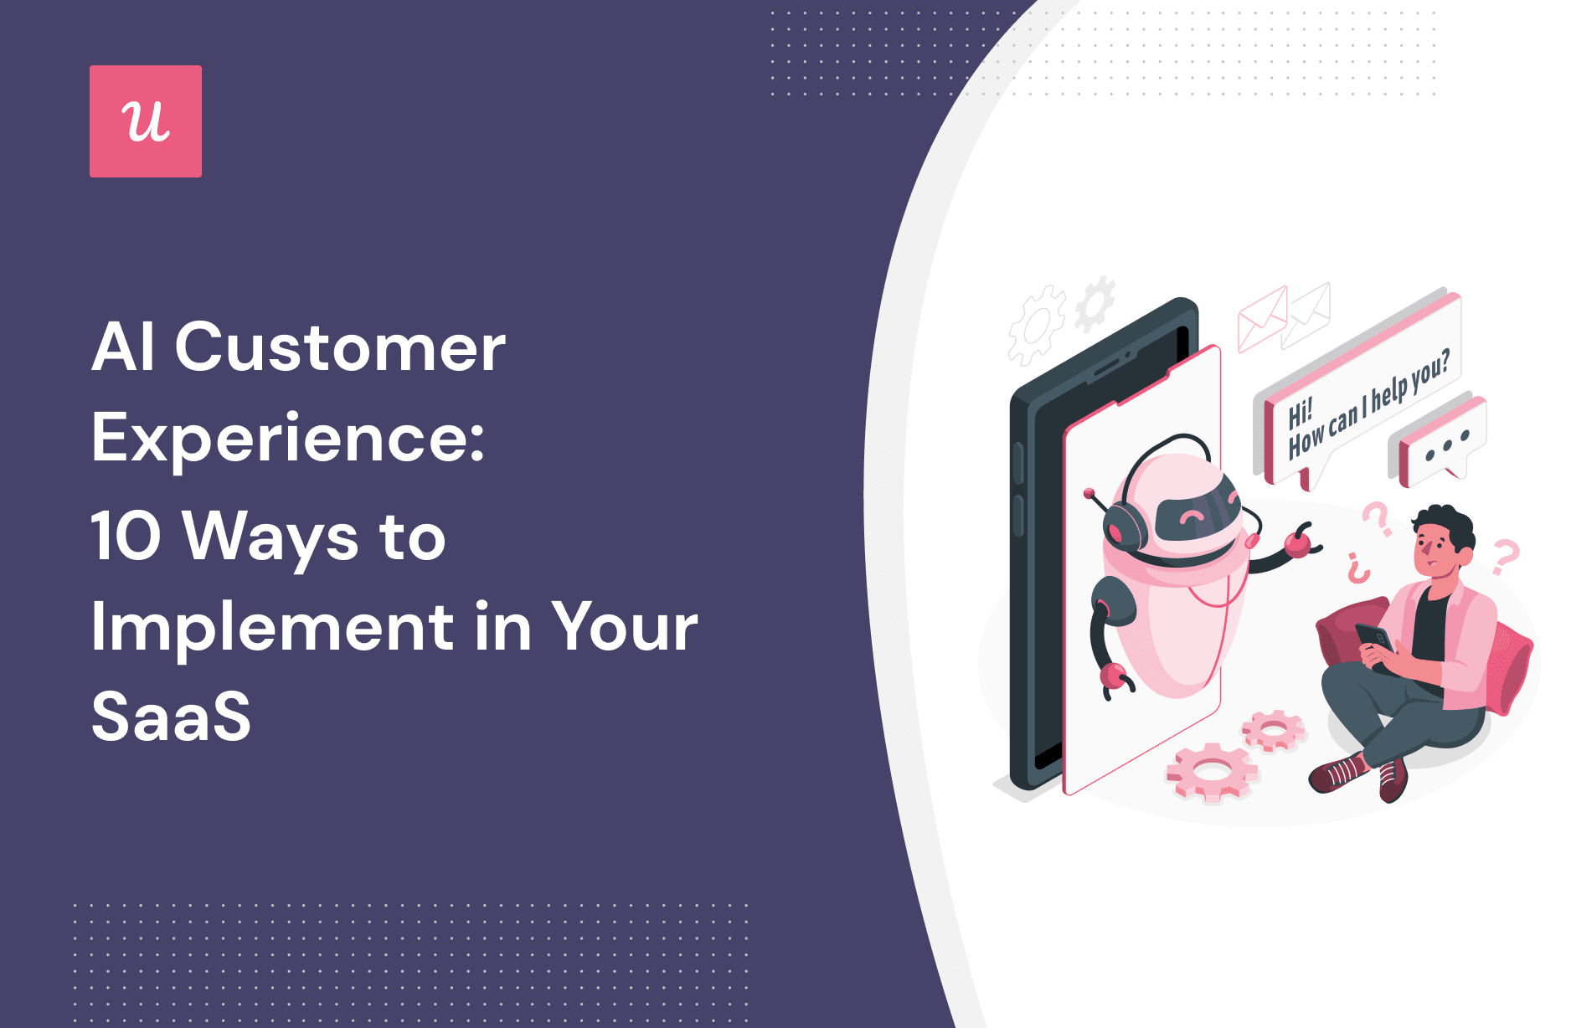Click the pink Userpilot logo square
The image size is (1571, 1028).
[146, 121]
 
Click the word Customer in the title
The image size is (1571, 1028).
[340, 347]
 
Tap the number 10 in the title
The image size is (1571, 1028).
[126, 537]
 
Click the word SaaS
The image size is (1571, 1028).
[171, 717]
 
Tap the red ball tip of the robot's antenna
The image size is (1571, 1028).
[1089, 493]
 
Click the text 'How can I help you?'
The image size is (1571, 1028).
[1367, 406]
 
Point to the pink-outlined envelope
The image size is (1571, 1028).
[1262, 318]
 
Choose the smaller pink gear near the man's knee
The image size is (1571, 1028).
[1273, 731]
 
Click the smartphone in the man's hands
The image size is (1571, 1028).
[1374, 644]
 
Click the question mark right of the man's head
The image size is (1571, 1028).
[1506, 557]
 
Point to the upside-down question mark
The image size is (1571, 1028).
[1358, 568]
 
